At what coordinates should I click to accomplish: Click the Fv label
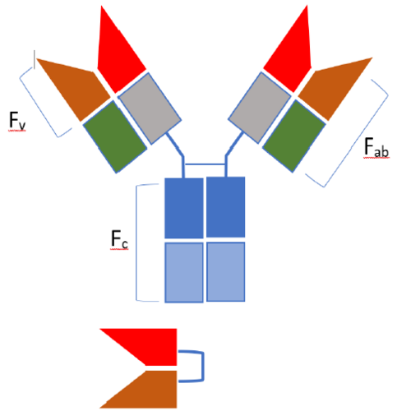pos(17,121)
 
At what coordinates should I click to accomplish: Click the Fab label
pos(376,147)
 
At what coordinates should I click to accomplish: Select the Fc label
pos(119,239)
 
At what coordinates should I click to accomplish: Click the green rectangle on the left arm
pos(115,136)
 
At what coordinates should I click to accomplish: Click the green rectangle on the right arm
pos(294,136)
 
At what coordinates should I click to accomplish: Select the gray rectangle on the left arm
pos(150,109)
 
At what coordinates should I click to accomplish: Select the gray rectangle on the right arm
pos(260,108)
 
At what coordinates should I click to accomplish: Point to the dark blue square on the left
pos(184,208)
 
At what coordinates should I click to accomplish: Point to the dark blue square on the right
pos(225,207)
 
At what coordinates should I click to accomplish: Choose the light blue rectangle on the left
pos(184,272)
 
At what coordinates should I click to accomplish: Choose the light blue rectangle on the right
pos(226,271)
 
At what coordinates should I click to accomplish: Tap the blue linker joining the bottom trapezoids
pos(203,366)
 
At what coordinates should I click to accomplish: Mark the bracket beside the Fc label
pos(136,242)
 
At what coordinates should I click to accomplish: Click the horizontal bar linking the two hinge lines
pos(205,164)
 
